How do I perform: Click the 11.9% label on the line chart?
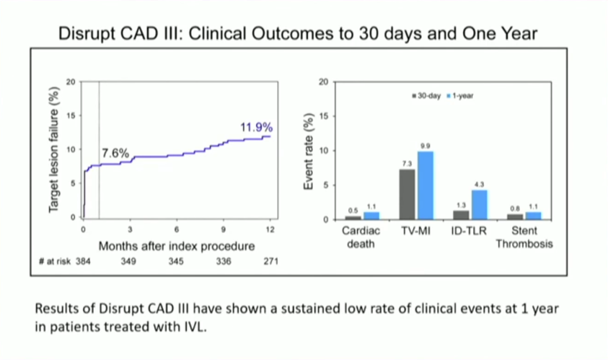click(x=256, y=128)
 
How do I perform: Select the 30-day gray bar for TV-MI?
click(x=407, y=194)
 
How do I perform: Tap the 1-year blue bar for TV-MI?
click(x=425, y=185)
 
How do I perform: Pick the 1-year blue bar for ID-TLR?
click(x=479, y=204)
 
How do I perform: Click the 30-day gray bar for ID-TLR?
click(x=461, y=215)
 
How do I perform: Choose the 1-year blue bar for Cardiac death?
click(x=371, y=215)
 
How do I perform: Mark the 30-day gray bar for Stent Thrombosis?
click(x=515, y=217)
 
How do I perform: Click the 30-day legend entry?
click(x=427, y=96)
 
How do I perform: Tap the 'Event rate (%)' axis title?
click(x=309, y=151)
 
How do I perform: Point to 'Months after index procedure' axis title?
click(x=177, y=246)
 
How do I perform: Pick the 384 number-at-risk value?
click(x=83, y=262)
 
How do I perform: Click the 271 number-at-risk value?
click(x=270, y=262)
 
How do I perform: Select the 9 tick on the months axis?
click(x=223, y=229)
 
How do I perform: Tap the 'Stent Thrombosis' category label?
click(x=524, y=237)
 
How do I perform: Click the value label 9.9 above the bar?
click(x=425, y=146)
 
